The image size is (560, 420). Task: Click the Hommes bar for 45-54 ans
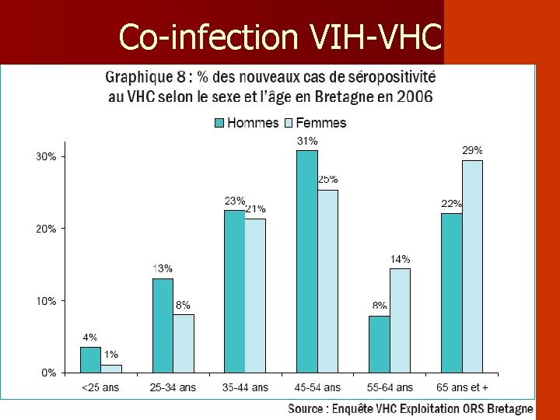[306, 261]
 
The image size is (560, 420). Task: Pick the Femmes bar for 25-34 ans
[184, 343]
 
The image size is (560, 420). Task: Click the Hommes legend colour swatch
[219, 123]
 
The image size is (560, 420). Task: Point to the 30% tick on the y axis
[46, 156]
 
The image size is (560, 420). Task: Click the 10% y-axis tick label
[46, 301]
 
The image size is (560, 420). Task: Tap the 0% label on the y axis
[49, 373]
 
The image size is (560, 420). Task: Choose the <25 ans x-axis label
[100, 387]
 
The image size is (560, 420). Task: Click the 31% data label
[307, 142]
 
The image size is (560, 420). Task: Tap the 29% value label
[472, 150]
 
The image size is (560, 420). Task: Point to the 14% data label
[400, 259]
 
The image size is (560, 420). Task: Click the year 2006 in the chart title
[415, 96]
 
